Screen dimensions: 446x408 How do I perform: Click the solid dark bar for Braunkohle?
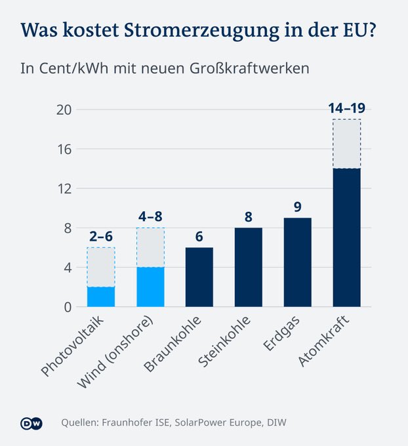tap(199, 277)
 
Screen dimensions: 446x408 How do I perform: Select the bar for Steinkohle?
tap(248, 267)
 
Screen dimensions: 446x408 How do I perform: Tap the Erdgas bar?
tap(297, 262)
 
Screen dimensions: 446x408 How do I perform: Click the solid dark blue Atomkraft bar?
tap(346, 237)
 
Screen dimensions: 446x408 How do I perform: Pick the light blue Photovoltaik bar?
tap(101, 296)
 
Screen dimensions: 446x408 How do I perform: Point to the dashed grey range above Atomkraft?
tap(346, 144)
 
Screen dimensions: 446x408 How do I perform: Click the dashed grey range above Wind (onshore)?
tap(150, 248)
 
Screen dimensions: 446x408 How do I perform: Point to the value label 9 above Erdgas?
tap(297, 207)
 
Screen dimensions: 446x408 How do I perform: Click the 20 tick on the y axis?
tap(62, 110)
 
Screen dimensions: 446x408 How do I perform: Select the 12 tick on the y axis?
tap(62, 188)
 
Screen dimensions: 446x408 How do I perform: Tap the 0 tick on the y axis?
tap(66, 306)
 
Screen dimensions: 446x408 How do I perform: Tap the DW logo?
tap(31, 423)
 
